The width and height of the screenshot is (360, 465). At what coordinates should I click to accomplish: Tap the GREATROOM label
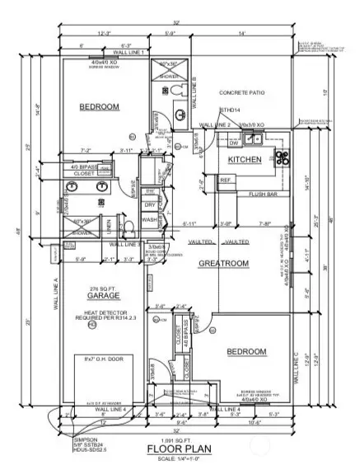click(223, 263)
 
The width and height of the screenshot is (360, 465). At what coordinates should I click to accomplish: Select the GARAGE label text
click(104, 295)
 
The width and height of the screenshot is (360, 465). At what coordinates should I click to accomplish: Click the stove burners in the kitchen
click(282, 157)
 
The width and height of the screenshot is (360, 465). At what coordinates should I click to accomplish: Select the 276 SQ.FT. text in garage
click(104, 287)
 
